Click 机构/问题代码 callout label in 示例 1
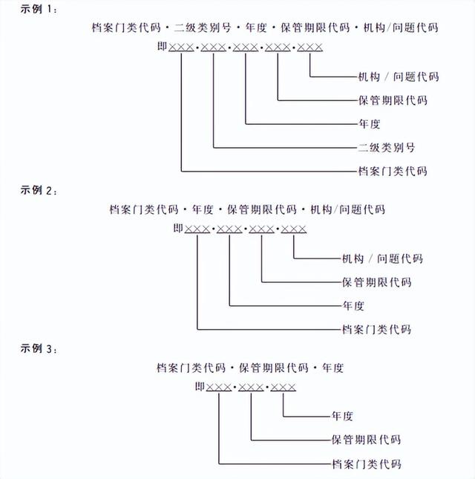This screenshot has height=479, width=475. [x=398, y=76]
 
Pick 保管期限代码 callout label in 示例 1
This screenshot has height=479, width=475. [x=393, y=100]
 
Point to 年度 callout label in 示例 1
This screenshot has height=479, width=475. [x=369, y=123]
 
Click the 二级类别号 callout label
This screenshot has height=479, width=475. [x=387, y=147]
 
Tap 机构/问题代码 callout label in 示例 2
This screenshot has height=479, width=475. [x=382, y=258]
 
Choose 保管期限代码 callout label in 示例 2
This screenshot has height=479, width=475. [x=376, y=282]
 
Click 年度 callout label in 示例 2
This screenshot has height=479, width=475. [x=353, y=305]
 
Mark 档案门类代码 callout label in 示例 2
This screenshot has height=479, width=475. [x=376, y=329]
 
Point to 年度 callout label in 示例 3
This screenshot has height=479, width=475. [x=342, y=416]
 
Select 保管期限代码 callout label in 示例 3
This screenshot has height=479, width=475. [x=366, y=440]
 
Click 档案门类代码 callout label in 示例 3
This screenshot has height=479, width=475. [x=366, y=464]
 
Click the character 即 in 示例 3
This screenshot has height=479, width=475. [x=200, y=386]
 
